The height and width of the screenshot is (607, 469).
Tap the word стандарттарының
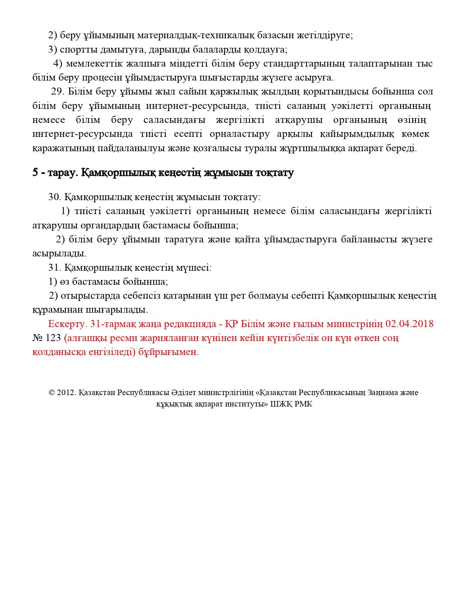tap(309, 64)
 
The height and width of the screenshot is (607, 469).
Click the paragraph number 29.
tap(58, 92)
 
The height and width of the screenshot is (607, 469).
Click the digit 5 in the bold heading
tap(35, 173)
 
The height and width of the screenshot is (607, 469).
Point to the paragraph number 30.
tap(54, 197)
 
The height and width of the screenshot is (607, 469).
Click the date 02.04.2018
tap(409, 324)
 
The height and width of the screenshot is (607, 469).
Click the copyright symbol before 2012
tap(51, 393)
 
